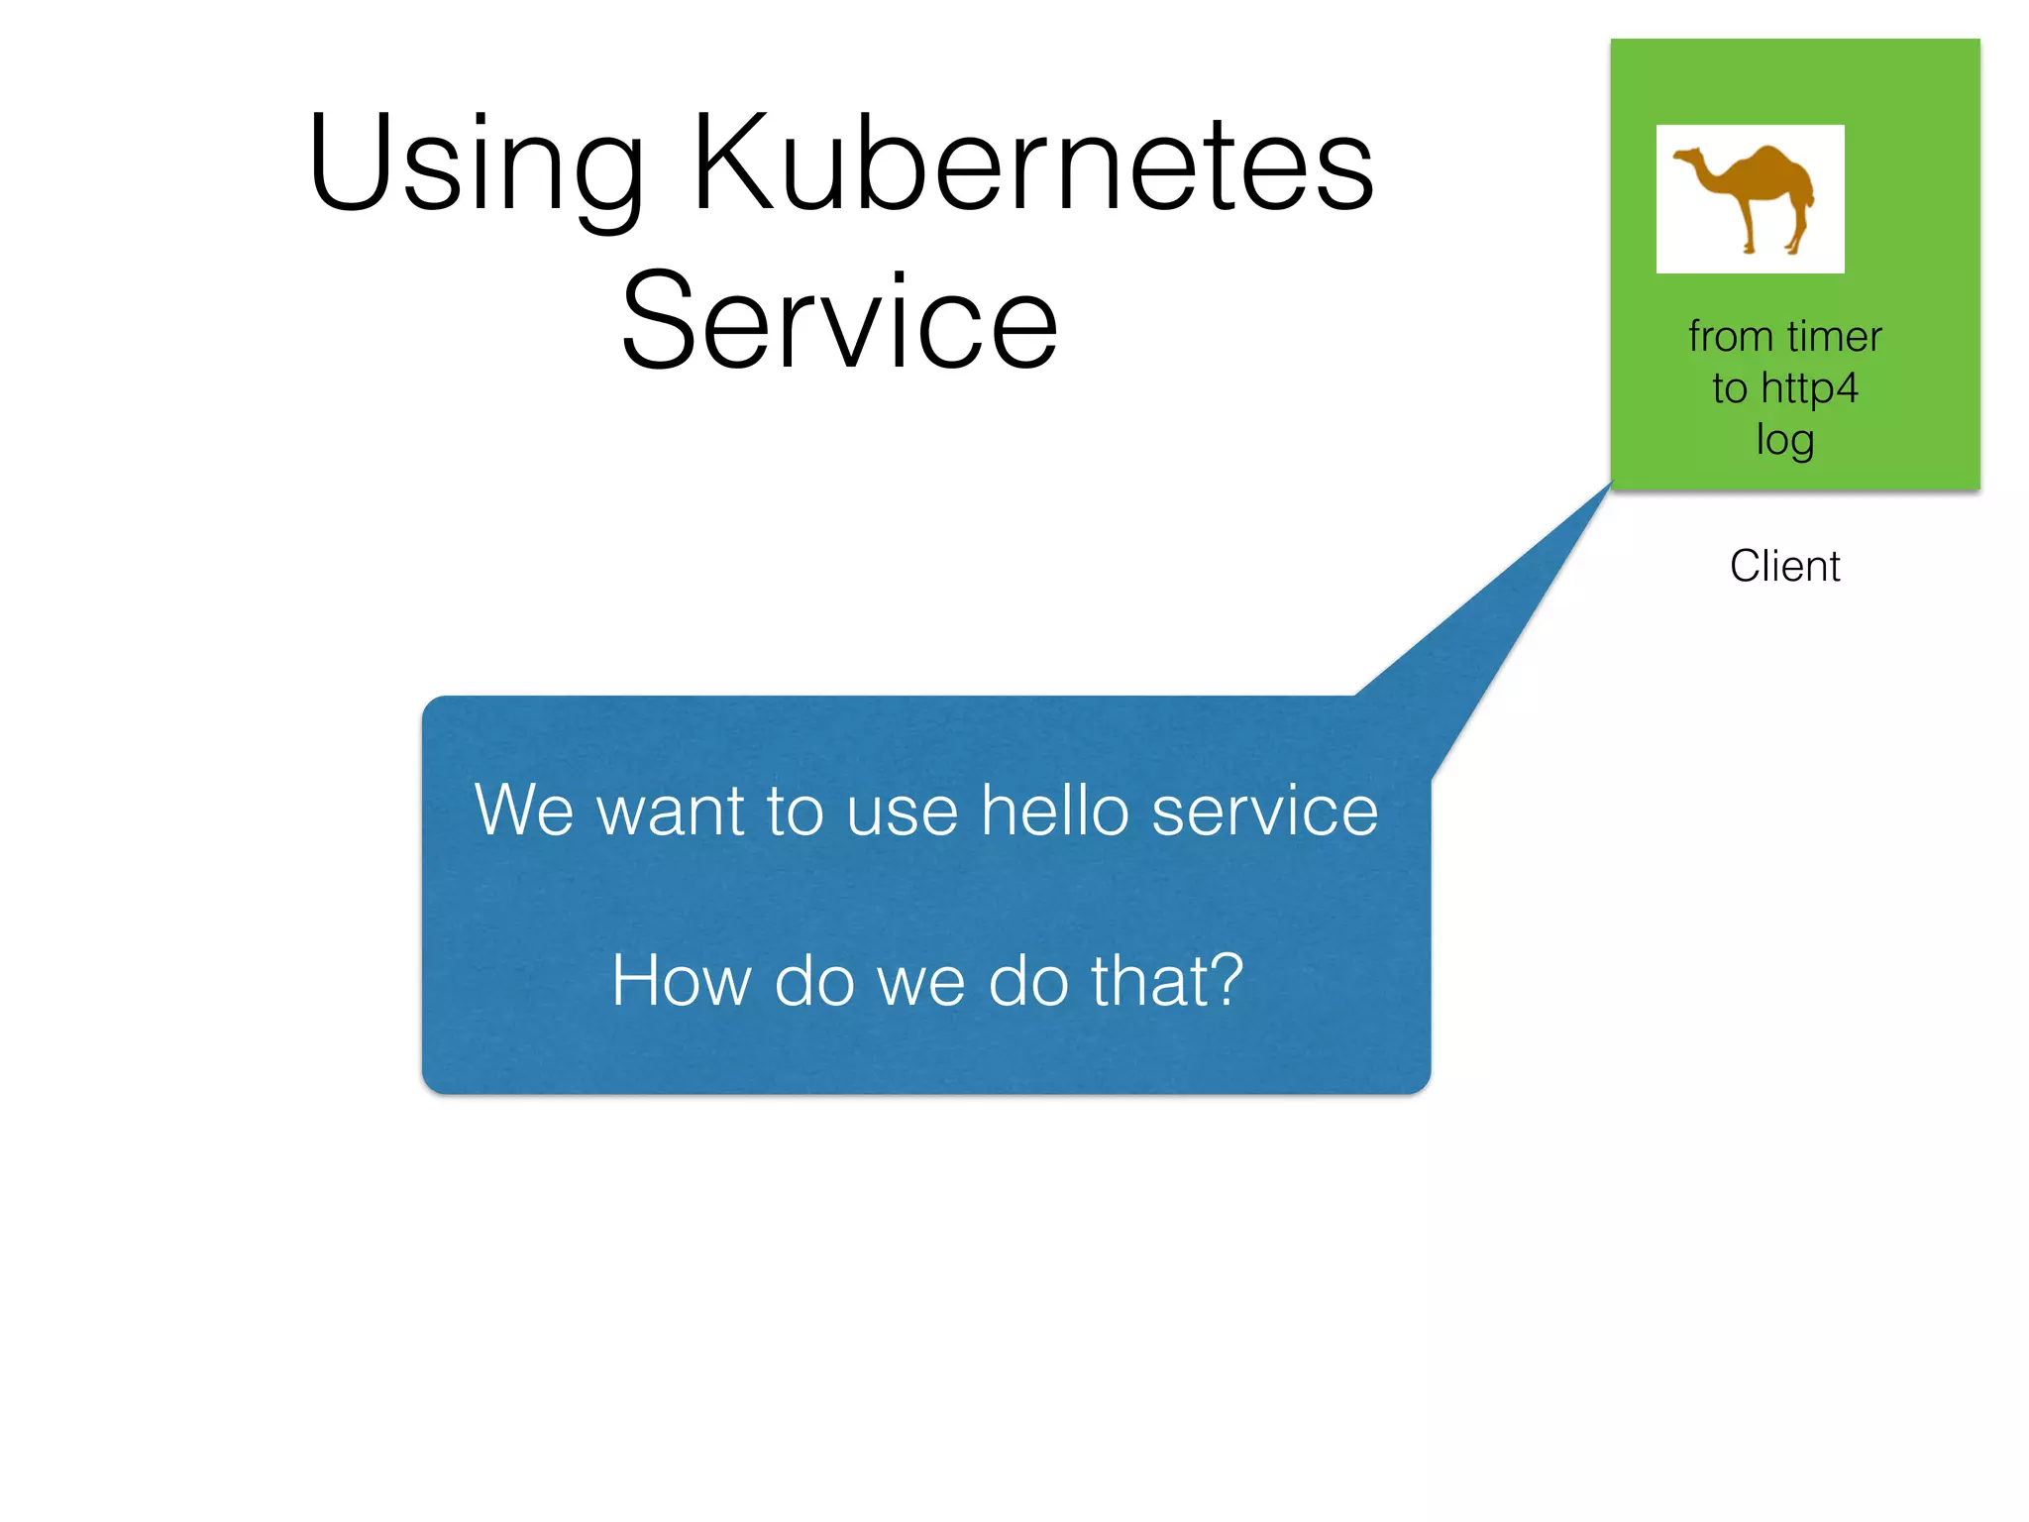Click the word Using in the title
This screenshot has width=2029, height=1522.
476,163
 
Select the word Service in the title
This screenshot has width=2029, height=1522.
840,322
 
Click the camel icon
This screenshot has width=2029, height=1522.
1750,198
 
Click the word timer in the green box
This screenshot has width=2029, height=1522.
1834,337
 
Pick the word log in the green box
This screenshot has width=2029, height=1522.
1785,440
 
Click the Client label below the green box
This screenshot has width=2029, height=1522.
1785,567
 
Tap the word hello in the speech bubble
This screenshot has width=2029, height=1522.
1054,811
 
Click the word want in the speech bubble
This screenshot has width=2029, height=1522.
669,811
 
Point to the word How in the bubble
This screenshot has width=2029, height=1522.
681,981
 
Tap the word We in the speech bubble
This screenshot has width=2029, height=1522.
523,811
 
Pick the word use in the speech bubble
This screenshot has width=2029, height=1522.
903,811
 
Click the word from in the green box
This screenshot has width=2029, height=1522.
1730,337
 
